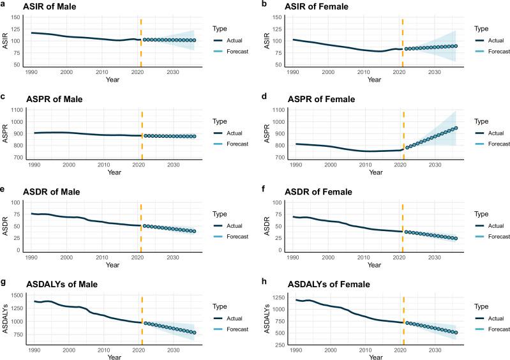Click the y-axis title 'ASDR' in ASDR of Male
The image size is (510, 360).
(x=8, y=226)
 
